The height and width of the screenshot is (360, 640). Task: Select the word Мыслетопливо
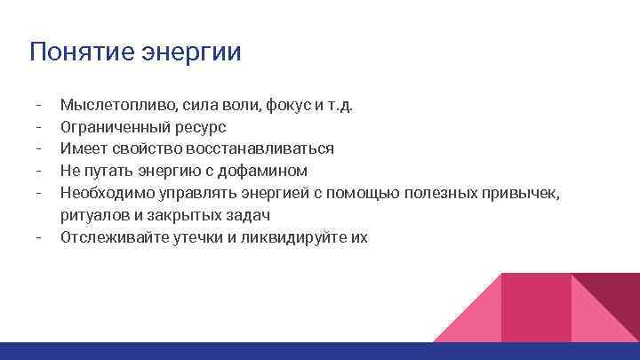tap(109, 106)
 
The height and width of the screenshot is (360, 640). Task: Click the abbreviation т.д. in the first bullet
tap(340, 106)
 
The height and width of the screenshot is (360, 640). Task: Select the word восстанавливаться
tap(260, 148)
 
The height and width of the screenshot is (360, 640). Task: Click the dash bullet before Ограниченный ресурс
tap(40, 127)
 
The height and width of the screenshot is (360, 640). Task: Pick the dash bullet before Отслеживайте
tap(40, 237)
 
